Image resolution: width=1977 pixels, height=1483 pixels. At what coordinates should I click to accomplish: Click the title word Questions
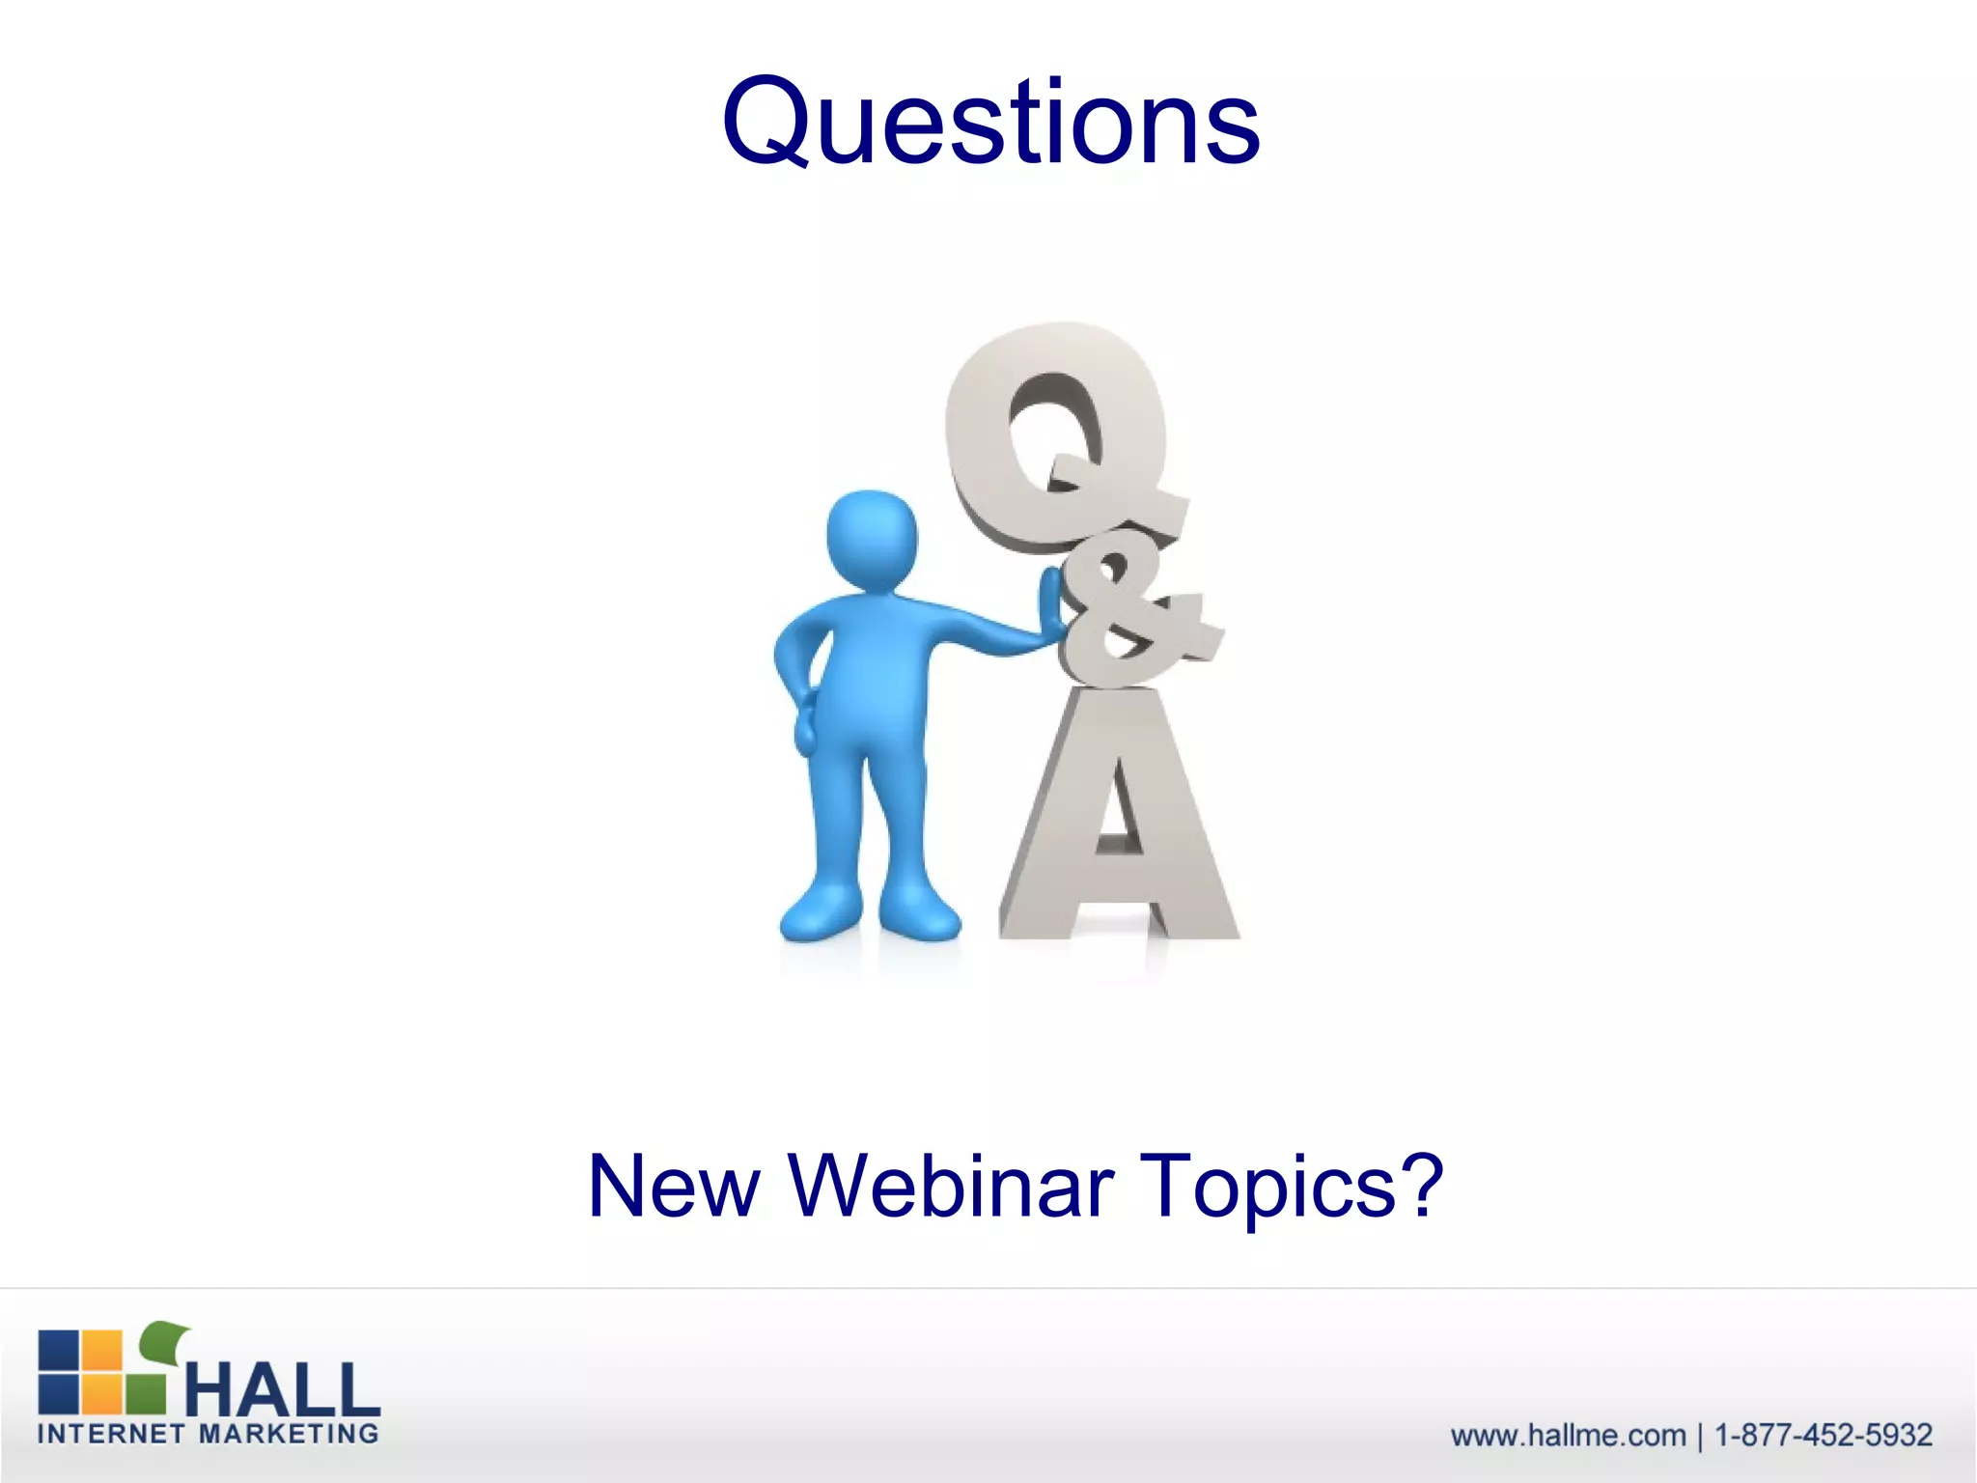click(x=990, y=123)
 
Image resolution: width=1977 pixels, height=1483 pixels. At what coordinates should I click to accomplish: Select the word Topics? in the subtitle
click(x=1290, y=1188)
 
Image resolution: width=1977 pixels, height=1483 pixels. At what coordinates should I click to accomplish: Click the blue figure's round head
click(x=872, y=536)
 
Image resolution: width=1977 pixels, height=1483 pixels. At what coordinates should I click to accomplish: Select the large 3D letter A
click(x=1120, y=821)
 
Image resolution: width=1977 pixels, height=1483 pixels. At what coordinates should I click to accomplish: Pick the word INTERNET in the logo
click(x=110, y=1434)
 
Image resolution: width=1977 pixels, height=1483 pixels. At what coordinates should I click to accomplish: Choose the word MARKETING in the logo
click(x=289, y=1434)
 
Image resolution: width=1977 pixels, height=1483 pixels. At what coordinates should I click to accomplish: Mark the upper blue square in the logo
click(x=58, y=1349)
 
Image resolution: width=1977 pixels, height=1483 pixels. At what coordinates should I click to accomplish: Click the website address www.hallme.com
click(x=1568, y=1436)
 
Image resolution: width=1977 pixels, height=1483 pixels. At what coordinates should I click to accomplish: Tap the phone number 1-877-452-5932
click(x=1824, y=1436)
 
